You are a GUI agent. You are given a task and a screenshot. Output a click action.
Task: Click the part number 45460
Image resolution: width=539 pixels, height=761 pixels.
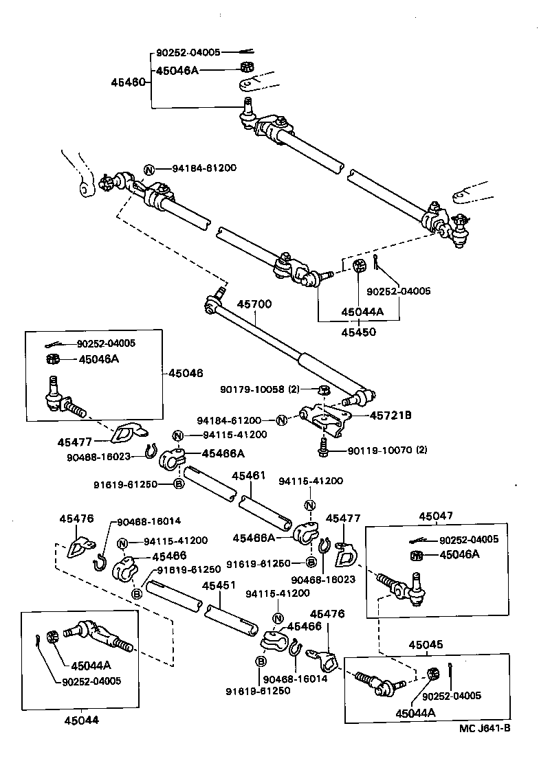tap(128, 82)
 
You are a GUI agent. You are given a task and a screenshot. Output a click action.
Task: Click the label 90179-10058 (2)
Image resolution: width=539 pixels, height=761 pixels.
tap(260, 389)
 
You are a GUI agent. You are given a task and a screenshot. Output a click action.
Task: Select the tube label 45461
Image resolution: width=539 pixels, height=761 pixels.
tap(248, 475)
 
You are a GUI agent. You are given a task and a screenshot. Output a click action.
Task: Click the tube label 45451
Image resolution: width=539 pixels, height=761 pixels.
tap(218, 585)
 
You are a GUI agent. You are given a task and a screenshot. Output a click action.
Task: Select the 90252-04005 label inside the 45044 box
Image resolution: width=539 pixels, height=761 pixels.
tap(91, 681)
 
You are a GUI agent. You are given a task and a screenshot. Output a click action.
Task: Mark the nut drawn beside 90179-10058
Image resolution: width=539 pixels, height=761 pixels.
tap(325, 390)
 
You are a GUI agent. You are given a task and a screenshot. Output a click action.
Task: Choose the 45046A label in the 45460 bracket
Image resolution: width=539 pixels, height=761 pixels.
tap(177, 70)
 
